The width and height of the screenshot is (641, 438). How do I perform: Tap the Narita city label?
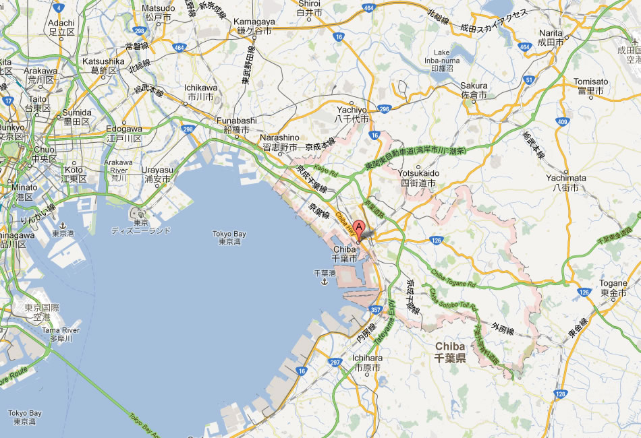coord(551,36)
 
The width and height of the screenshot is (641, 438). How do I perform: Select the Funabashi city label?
coord(233,125)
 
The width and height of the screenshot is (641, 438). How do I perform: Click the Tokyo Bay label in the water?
coord(230,238)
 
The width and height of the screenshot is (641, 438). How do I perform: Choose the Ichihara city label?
coord(367,363)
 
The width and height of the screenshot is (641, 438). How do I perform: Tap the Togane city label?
coord(613,288)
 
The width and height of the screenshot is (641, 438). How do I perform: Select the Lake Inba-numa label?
coord(446,62)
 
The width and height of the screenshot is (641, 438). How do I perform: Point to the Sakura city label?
coord(474,90)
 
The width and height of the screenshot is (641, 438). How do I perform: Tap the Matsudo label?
coord(159,12)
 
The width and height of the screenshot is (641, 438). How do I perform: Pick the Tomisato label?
coord(591,86)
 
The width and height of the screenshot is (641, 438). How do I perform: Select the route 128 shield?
coord(559,394)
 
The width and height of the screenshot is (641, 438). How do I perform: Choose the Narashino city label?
coord(279,142)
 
